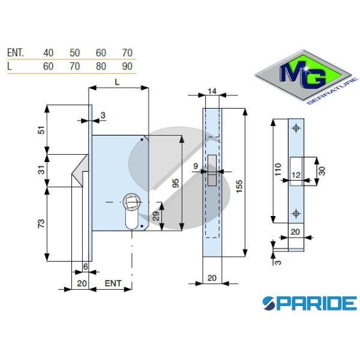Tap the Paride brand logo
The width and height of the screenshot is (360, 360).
(x=310, y=303)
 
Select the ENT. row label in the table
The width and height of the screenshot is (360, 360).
(x=16, y=53)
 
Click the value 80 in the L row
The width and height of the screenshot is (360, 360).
(x=101, y=67)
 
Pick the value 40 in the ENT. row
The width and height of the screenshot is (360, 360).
(x=48, y=53)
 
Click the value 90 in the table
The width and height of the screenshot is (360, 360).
(x=127, y=67)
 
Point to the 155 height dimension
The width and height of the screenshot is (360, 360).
(x=239, y=187)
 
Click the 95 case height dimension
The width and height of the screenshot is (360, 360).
(x=176, y=183)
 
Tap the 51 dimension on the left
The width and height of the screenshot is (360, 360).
(x=41, y=130)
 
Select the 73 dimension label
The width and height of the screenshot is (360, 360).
(x=41, y=224)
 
